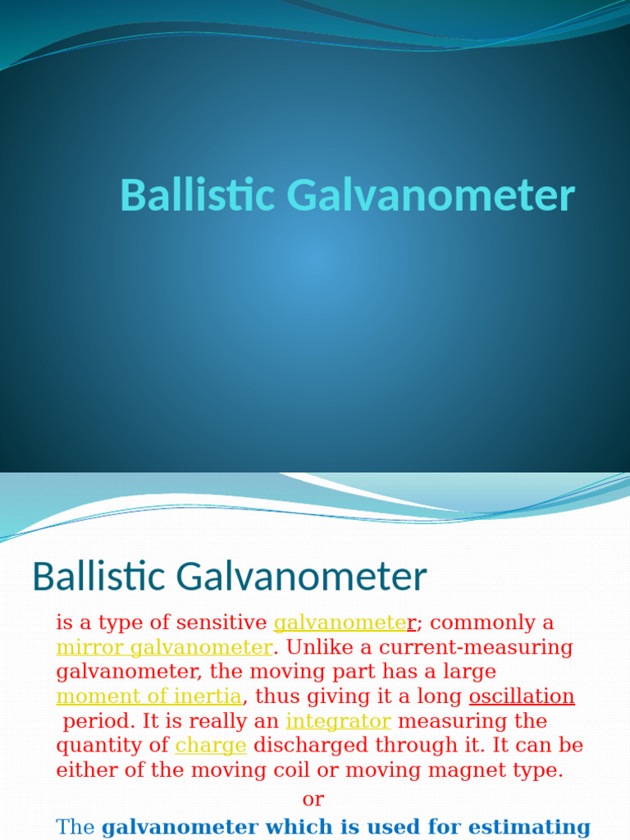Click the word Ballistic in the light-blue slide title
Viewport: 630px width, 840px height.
click(x=198, y=196)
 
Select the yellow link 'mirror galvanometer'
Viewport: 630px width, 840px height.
click(x=164, y=647)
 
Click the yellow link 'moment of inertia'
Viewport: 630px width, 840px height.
click(x=149, y=696)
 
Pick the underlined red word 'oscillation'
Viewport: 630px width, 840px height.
click(x=522, y=696)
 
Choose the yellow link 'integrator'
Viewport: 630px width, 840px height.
click(x=338, y=721)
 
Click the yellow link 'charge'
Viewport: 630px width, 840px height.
click(x=211, y=746)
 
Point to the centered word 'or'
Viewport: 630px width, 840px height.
click(x=313, y=799)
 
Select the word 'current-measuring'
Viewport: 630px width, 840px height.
click(x=476, y=647)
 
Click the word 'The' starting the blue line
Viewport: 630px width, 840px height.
click(x=75, y=827)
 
